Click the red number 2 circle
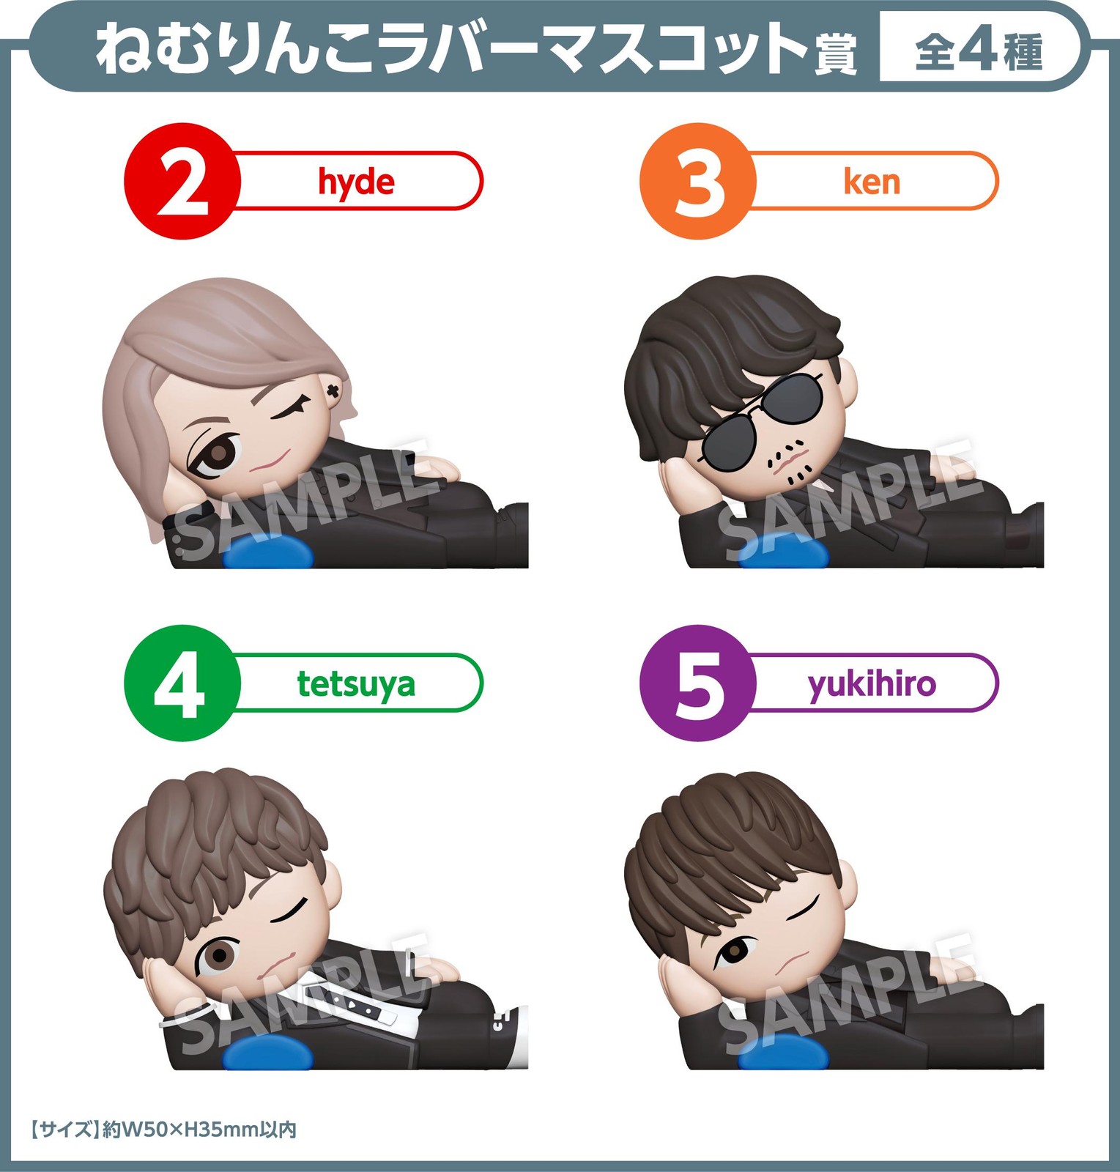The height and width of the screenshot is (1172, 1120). coord(182,181)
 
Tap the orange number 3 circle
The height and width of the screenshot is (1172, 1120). coord(698,181)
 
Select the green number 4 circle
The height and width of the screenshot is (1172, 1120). coord(182,683)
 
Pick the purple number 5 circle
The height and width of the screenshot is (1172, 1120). coord(698,683)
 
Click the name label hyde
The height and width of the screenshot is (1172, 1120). coord(356,182)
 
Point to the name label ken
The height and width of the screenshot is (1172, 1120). coord(872,181)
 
